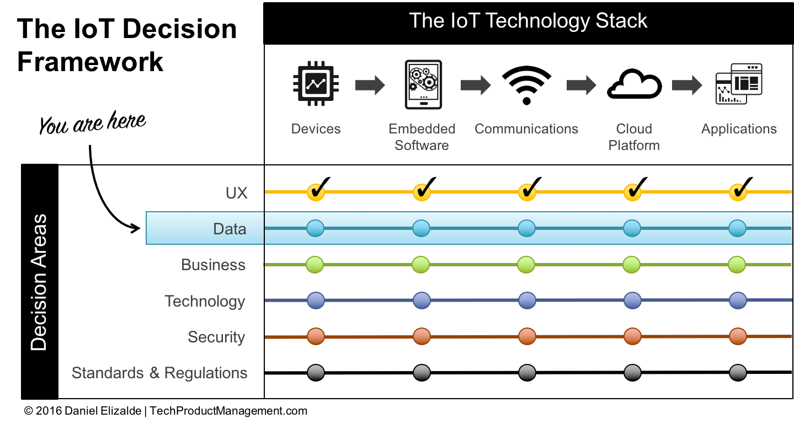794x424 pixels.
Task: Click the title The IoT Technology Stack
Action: click(x=528, y=21)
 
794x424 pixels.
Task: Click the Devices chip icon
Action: click(x=316, y=84)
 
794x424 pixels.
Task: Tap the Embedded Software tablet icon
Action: click(x=422, y=84)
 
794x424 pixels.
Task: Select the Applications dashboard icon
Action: click(x=738, y=84)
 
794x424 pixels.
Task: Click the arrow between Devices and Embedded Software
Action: click(x=370, y=85)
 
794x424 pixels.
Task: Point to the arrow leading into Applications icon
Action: click(x=686, y=85)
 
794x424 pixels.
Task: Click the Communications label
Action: click(x=526, y=129)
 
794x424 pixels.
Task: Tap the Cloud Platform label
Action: click(x=634, y=137)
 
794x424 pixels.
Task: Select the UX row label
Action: click(x=237, y=193)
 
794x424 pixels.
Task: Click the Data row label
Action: click(x=230, y=228)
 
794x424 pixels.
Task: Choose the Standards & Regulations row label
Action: click(x=159, y=373)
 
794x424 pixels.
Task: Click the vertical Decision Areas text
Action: click(x=39, y=282)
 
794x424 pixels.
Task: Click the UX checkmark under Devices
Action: click(x=316, y=192)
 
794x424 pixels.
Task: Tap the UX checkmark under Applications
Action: click(x=738, y=192)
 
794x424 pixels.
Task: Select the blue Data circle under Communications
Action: click(x=527, y=228)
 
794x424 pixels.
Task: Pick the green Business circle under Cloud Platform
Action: click(x=632, y=265)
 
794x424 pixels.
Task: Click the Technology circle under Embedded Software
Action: click(x=422, y=300)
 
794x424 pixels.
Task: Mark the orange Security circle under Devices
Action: click(x=316, y=336)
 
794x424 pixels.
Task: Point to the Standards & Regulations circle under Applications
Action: click(x=738, y=373)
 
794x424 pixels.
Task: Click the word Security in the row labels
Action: click(x=216, y=337)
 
